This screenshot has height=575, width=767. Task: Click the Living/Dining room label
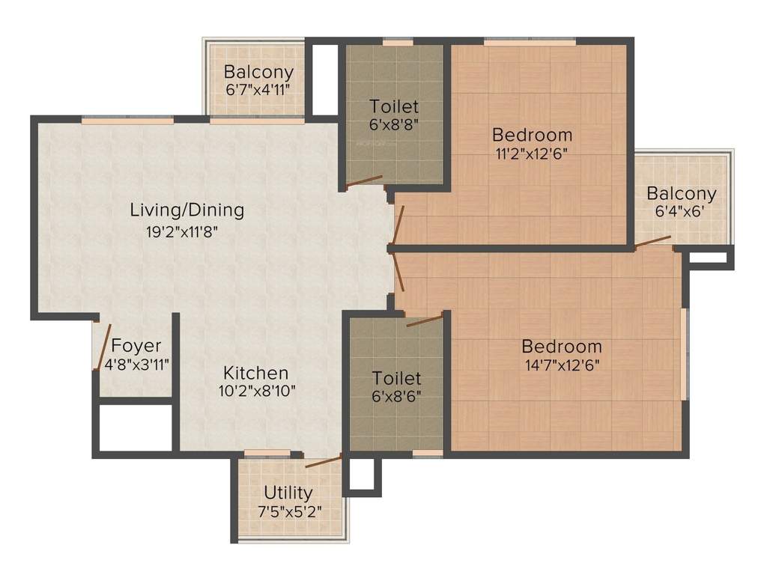click(187, 210)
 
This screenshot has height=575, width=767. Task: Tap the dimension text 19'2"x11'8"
click(187, 231)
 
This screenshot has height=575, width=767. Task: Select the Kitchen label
click(255, 373)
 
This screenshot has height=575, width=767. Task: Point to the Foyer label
click(136, 346)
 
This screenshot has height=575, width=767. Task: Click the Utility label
click(288, 493)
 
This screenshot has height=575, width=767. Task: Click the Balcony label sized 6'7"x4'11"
click(258, 73)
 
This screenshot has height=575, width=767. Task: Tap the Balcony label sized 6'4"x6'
click(682, 193)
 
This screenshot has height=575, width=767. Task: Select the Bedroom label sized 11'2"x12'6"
click(532, 135)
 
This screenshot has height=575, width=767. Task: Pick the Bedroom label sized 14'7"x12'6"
click(562, 347)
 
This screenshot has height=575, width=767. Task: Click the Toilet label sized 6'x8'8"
click(394, 106)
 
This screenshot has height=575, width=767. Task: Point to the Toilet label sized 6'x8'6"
click(397, 378)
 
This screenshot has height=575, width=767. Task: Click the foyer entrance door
click(103, 347)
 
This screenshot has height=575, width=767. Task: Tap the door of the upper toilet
click(364, 181)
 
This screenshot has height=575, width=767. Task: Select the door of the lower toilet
click(424, 321)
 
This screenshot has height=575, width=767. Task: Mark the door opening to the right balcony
click(652, 241)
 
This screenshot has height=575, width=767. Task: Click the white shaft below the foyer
click(135, 428)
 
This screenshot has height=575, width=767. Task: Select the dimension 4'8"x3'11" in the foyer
click(136, 365)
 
